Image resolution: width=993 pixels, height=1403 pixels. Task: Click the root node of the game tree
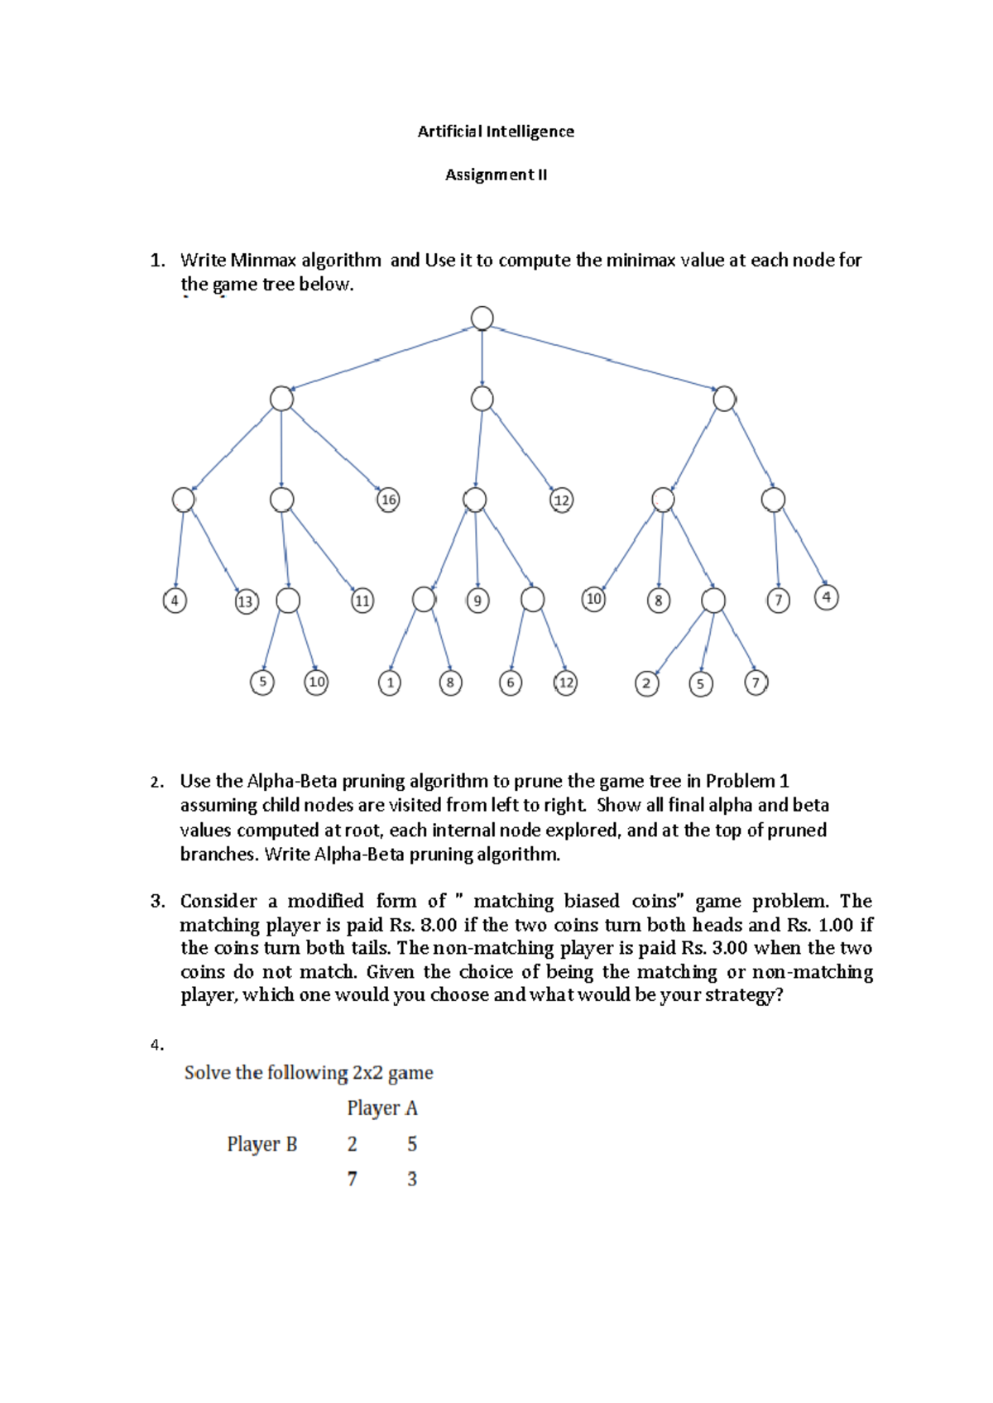[x=482, y=318]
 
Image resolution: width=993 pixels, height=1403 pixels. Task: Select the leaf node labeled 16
[x=388, y=500]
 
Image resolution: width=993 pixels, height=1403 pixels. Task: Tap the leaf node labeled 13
[x=246, y=601]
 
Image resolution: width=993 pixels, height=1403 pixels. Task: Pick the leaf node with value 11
[x=362, y=601]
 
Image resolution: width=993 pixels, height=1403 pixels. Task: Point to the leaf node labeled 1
[x=390, y=683]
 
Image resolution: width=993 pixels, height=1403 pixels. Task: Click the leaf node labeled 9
[x=477, y=601]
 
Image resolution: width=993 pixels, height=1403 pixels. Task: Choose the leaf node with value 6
[x=511, y=683]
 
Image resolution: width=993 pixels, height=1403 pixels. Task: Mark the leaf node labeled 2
[x=646, y=684]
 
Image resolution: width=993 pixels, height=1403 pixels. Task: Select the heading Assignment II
[x=496, y=175]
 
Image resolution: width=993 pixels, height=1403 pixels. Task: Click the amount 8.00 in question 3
[x=439, y=925]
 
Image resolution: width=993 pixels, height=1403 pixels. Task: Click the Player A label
[x=382, y=1109]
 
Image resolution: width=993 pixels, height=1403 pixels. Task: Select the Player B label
[x=261, y=1144]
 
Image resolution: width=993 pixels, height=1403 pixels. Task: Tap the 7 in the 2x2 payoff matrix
[x=353, y=1179]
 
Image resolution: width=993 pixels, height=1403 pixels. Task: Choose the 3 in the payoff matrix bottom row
[x=412, y=1179]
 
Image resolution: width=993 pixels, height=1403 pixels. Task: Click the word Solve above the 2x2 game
[x=207, y=1073]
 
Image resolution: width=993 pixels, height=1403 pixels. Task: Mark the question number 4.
[x=156, y=1046]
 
